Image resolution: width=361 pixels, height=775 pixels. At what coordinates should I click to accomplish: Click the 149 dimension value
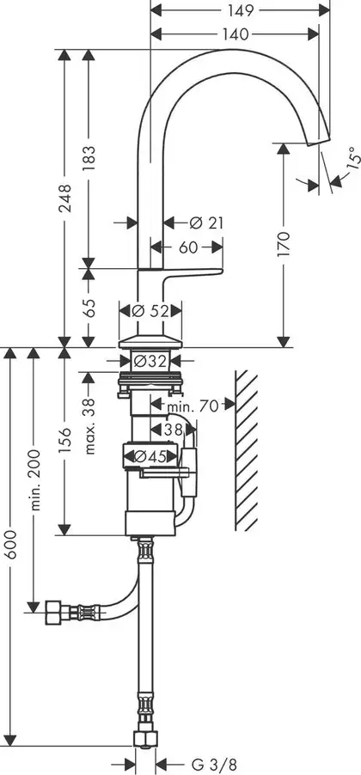[x=241, y=10]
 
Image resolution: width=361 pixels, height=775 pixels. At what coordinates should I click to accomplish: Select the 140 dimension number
[x=235, y=34]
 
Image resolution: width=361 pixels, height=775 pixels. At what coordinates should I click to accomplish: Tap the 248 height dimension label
[x=64, y=198]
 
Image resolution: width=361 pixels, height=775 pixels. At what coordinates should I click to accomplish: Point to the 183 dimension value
[x=89, y=159]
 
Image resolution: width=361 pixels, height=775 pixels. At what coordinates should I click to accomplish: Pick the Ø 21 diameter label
[x=206, y=223]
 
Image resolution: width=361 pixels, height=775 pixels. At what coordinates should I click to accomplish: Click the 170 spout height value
[x=284, y=243]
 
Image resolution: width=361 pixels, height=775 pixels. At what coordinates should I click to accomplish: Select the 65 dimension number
[x=89, y=308]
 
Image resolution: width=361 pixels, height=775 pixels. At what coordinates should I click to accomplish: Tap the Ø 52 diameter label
[x=150, y=311]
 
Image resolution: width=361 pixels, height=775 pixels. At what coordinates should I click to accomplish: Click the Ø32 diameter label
[x=150, y=362]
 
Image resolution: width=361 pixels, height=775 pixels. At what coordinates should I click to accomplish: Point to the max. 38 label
[x=89, y=425]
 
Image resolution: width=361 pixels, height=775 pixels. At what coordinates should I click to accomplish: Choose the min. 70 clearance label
[x=193, y=406]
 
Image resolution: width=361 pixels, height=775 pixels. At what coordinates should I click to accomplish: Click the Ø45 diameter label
[x=150, y=457]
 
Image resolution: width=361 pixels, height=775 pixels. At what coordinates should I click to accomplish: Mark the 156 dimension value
[x=64, y=441]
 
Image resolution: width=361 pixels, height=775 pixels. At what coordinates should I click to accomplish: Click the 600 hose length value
[x=11, y=544]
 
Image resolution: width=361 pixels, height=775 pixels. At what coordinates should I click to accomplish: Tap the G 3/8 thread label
[x=210, y=765]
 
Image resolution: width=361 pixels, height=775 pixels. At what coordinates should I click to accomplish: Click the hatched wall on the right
[x=247, y=450]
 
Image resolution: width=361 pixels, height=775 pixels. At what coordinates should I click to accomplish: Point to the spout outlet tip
[x=319, y=143]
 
